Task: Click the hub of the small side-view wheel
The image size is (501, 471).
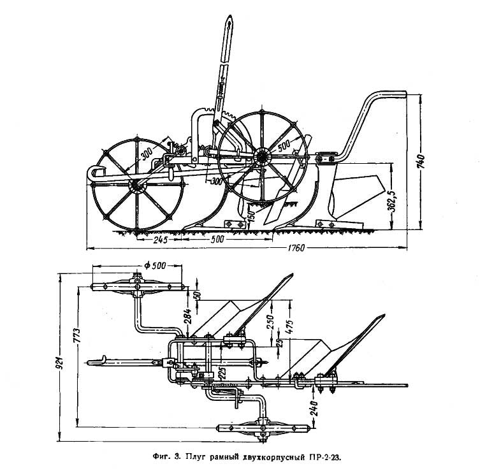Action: [x=135, y=185]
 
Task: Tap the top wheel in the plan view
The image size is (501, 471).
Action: [x=137, y=287]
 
